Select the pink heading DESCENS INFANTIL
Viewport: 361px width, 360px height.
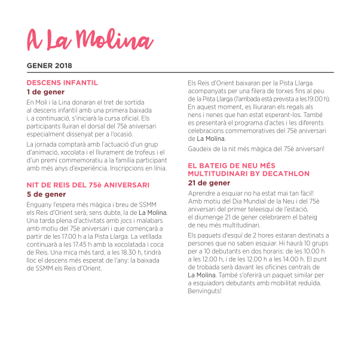pos(62,82)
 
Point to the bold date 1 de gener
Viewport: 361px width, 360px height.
pos(46,92)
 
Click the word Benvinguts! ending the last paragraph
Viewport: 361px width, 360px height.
pos(204,291)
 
